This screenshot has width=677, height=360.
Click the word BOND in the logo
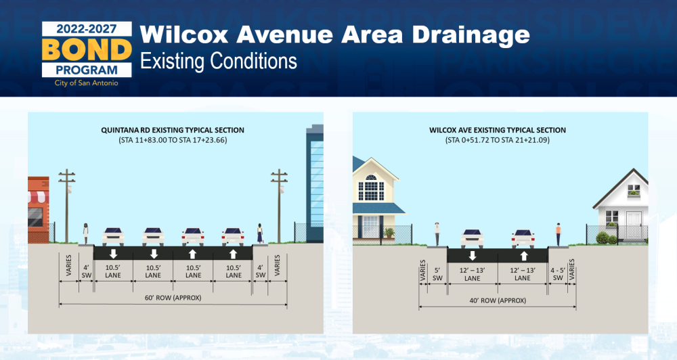click(x=87, y=49)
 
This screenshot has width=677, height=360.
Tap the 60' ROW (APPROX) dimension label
click(x=173, y=298)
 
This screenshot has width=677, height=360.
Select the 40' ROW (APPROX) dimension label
click(x=498, y=300)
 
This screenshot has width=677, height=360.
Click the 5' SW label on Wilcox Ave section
click(x=437, y=275)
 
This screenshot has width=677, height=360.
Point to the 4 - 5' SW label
click(x=558, y=274)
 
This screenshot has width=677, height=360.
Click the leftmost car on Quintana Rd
click(x=113, y=237)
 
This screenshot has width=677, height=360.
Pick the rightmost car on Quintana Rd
click(x=233, y=237)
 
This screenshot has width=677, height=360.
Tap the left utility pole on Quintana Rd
click(x=67, y=206)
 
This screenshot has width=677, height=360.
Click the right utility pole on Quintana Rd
click(x=280, y=206)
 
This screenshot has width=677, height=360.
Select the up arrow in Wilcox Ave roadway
click(x=524, y=256)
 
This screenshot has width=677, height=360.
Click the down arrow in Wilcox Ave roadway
click(x=473, y=256)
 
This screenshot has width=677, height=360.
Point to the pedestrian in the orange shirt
click(x=559, y=234)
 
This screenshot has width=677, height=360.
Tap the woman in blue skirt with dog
click(x=260, y=233)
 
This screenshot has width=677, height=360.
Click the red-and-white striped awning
click(x=39, y=197)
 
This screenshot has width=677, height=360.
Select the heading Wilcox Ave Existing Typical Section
click(x=498, y=130)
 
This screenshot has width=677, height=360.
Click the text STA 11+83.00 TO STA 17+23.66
click(x=173, y=140)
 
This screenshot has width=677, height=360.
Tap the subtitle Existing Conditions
click(x=219, y=62)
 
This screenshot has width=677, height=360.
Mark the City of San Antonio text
click(x=87, y=83)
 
